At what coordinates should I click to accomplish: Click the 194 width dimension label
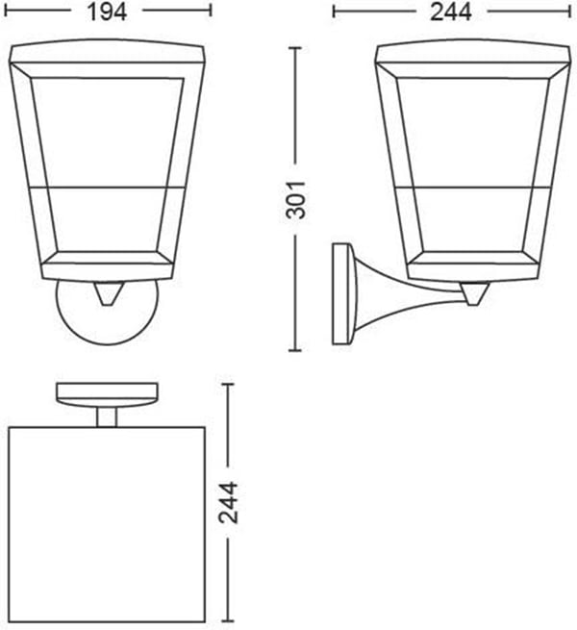point(107,12)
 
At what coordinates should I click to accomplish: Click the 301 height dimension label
point(295,200)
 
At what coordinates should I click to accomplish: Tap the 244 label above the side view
point(451,12)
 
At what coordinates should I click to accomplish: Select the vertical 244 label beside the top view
point(228,502)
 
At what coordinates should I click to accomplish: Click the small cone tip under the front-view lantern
point(107,293)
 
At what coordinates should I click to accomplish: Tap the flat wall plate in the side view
point(340,293)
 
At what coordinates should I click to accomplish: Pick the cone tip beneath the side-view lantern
point(474,293)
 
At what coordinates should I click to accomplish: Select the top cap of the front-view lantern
point(107,51)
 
